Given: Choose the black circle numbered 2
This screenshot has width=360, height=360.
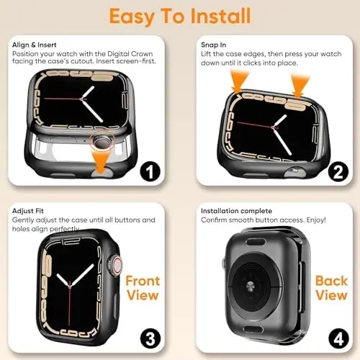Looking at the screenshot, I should (x=336, y=173).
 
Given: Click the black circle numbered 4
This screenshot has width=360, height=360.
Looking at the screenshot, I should (x=336, y=336).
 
